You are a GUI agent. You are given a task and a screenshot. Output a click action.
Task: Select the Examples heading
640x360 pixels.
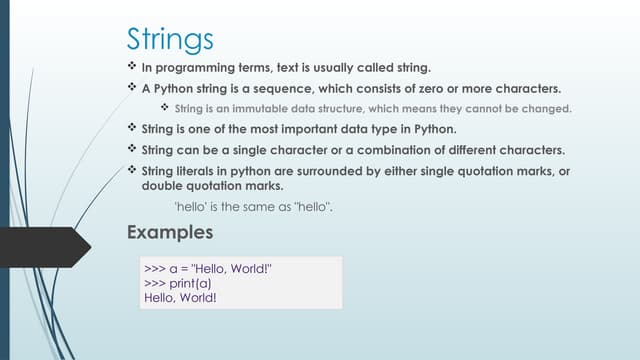(x=170, y=233)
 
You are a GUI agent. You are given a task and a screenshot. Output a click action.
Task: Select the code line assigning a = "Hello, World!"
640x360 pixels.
(x=208, y=270)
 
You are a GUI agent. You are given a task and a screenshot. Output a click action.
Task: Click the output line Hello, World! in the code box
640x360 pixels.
(x=180, y=298)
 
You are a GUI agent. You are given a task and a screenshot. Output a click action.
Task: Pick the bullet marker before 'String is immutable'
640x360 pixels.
(x=166, y=108)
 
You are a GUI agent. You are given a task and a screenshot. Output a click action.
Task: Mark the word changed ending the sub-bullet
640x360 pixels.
(x=548, y=108)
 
